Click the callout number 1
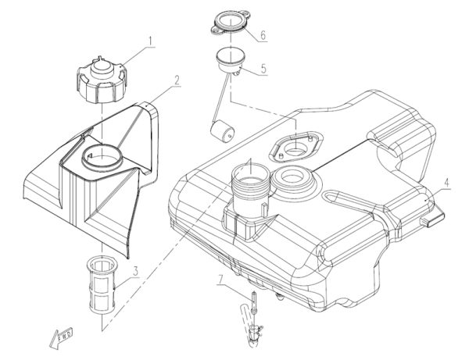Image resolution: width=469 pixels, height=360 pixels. coord(150,41)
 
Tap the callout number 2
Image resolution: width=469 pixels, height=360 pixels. coord(177,80)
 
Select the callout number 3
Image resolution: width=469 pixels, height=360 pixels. coord(135,272)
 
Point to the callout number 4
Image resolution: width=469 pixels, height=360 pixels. coord(446,183)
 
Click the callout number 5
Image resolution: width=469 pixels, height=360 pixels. coord(263,69)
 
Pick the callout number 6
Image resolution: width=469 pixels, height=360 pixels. coord(263,35)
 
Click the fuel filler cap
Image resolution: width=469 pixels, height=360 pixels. coord(102,80)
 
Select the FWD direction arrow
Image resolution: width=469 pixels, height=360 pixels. coord(61,338)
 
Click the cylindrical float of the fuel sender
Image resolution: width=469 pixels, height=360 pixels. coord(222,131)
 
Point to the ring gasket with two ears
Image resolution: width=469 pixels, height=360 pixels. coord(231,23)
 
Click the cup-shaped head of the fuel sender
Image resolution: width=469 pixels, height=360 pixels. coord(231,61)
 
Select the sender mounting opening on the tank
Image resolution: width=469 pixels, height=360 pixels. coord(296,146)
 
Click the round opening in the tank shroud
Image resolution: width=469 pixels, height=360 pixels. coord(102,157)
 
